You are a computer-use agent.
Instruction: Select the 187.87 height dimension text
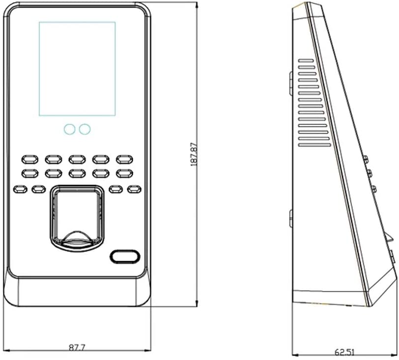194,154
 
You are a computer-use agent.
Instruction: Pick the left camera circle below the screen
69,129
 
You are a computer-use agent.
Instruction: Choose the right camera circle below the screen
85,129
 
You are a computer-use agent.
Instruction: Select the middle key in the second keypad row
77,173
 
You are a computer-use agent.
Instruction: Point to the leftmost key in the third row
20,189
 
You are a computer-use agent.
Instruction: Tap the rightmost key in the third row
134,189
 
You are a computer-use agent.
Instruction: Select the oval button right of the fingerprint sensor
124,256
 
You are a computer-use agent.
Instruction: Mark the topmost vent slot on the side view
306,61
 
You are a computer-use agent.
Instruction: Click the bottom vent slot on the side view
315,145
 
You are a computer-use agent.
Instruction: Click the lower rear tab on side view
290,218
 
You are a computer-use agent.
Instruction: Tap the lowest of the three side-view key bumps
373,189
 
